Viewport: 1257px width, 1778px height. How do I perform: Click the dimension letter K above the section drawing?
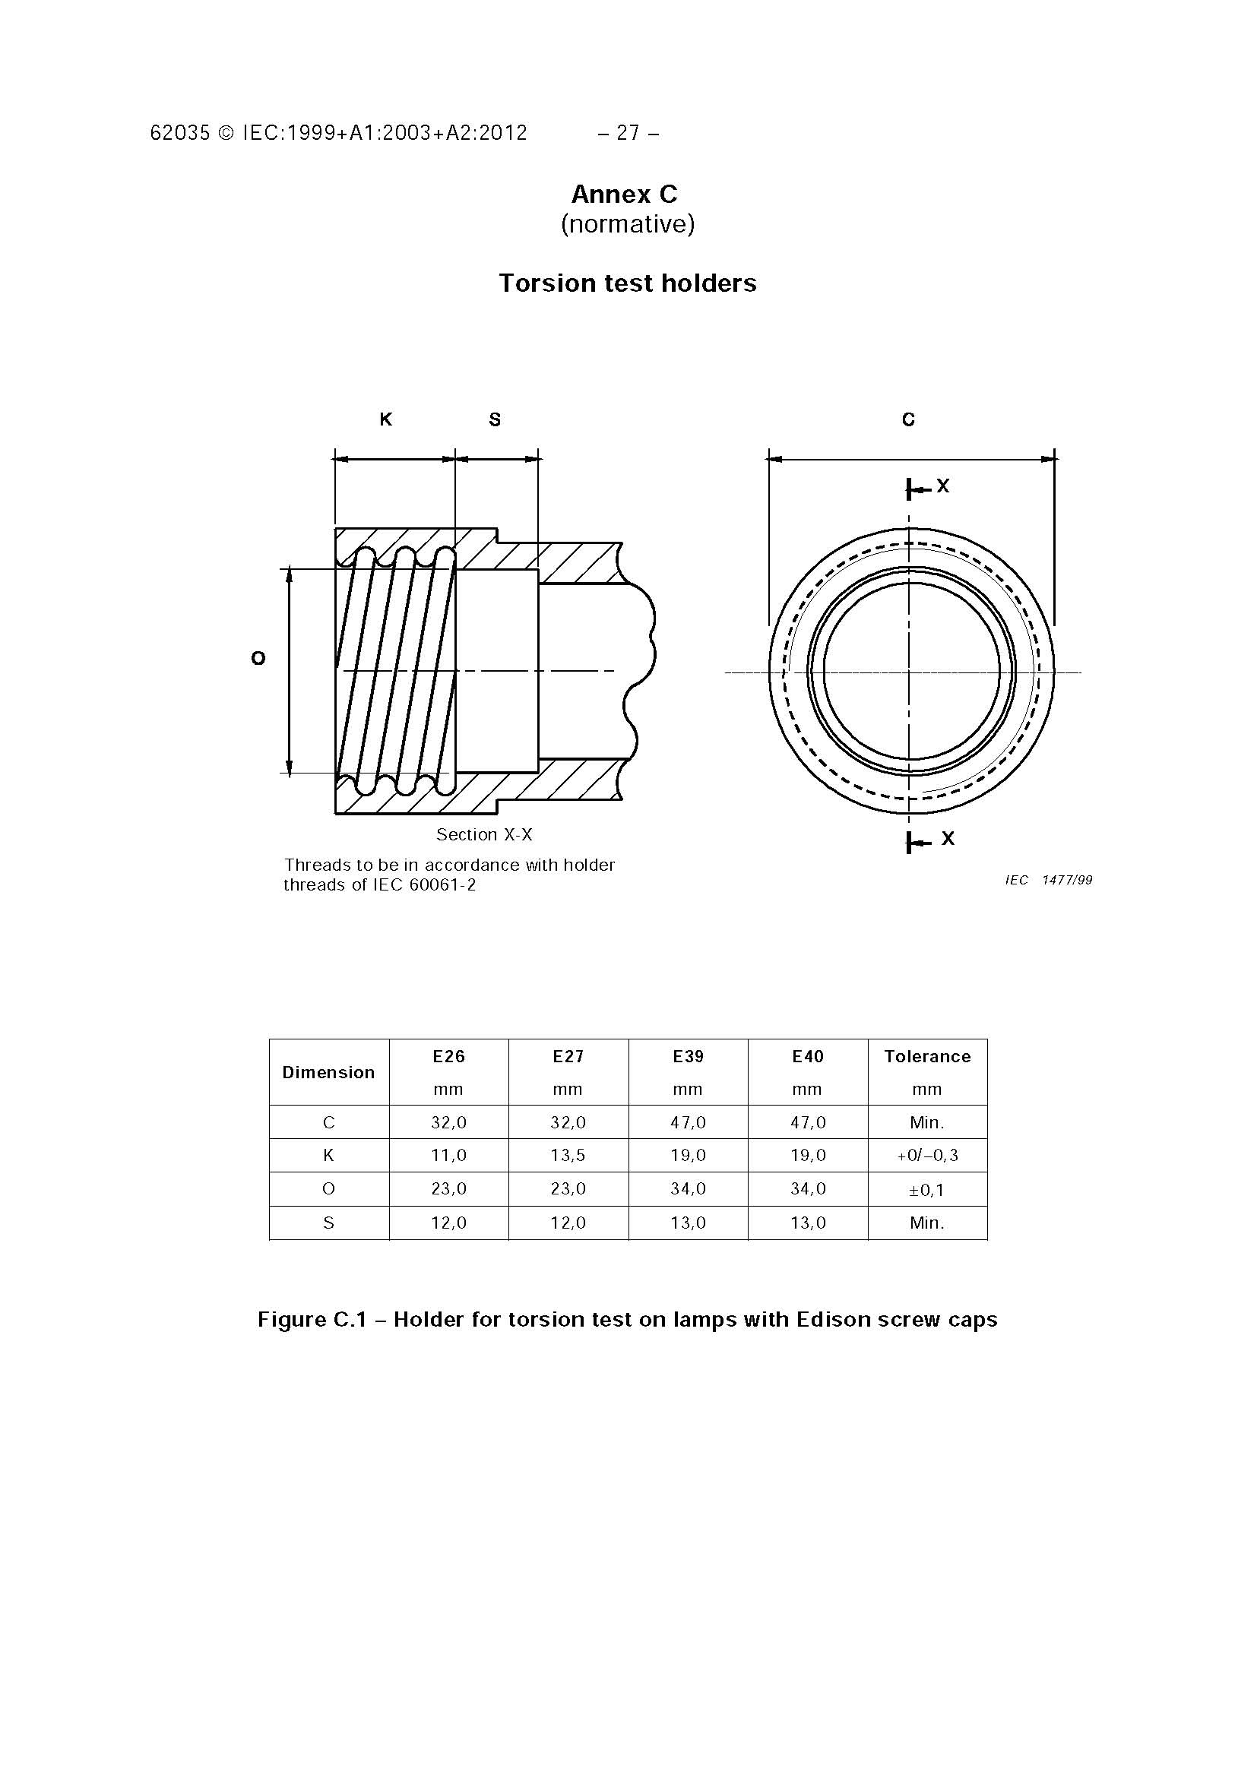[x=386, y=419]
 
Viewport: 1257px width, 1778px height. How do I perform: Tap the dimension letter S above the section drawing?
[x=495, y=419]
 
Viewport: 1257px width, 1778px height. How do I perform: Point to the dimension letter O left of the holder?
[x=258, y=658]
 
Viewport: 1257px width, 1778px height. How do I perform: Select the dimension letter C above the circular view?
[x=908, y=419]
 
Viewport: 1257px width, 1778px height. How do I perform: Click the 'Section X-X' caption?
[x=484, y=835]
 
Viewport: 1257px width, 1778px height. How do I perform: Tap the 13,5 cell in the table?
[x=568, y=1156]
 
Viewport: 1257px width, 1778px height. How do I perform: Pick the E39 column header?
[x=688, y=1056]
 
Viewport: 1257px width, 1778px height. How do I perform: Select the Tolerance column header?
[x=927, y=1056]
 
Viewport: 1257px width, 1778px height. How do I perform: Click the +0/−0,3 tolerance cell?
[x=927, y=1156]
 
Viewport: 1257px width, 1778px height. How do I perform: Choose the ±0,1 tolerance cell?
[x=927, y=1189]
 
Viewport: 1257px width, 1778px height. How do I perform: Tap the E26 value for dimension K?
[x=448, y=1156]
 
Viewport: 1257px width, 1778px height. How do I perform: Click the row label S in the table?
[x=328, y=1223]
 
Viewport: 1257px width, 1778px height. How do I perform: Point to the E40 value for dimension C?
[x=808, y=1122]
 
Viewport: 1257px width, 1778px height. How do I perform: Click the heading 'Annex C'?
[x=624, y=194]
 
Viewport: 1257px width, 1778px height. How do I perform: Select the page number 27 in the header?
[x=628, y=133]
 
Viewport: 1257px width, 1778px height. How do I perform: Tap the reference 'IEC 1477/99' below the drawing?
[x=1049, y=880]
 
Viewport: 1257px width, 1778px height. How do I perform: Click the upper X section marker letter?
[x=942, y=486]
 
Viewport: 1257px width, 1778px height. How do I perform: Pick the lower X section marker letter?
[x=948, y=839]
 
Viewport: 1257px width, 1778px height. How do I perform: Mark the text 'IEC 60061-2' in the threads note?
[x=424, y=885]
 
